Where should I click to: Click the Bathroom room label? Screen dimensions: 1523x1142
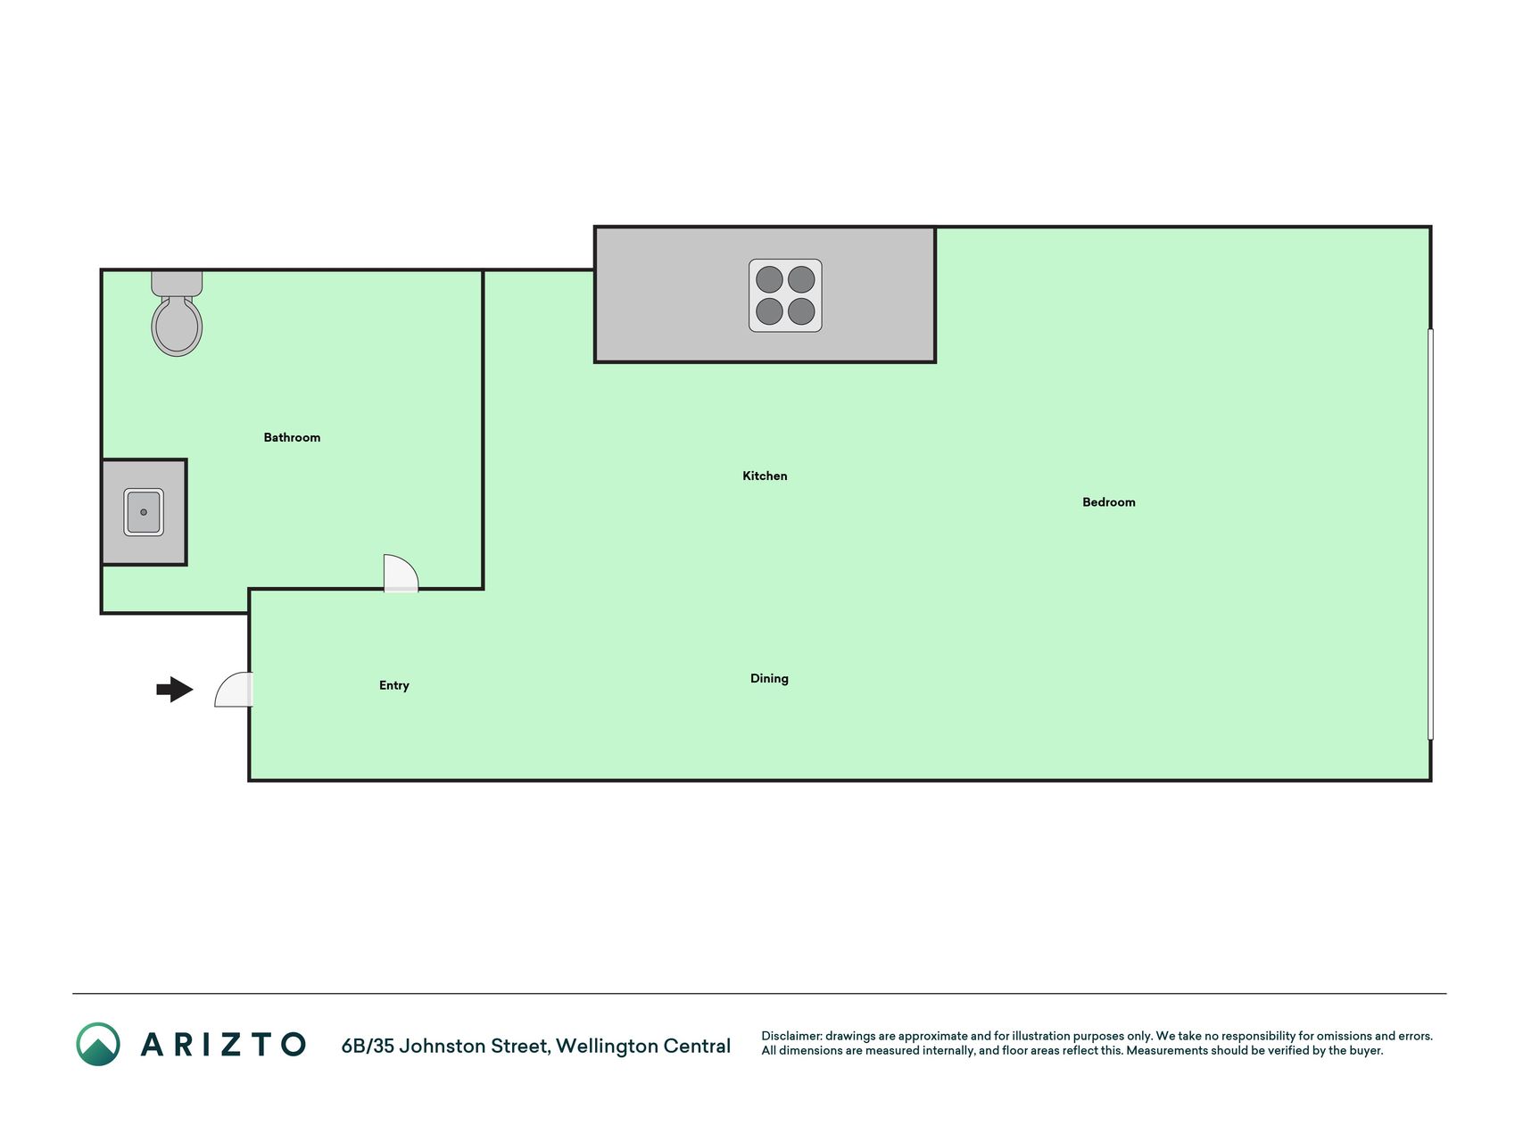292,437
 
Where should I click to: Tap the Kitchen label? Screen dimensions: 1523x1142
765,476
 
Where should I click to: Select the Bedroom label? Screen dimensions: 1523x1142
1109,502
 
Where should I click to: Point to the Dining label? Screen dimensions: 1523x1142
769,679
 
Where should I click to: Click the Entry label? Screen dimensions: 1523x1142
394,685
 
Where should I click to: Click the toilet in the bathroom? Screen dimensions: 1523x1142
177,314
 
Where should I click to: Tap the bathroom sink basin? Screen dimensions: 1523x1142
144,512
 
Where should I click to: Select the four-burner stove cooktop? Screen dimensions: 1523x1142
785,295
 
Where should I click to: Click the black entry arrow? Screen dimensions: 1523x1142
175,690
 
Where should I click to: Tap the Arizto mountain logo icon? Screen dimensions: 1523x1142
98,1044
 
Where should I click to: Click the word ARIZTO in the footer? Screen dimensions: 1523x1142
223,1045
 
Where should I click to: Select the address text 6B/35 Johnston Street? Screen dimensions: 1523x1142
444,1046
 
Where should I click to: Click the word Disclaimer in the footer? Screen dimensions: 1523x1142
790,1036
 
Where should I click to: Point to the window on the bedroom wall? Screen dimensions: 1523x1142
1430,534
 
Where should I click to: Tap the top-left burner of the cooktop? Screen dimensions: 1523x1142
769,279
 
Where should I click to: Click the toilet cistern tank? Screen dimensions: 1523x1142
177,284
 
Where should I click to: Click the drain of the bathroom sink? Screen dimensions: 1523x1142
144,512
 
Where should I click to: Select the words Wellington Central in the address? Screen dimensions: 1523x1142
643,1046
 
